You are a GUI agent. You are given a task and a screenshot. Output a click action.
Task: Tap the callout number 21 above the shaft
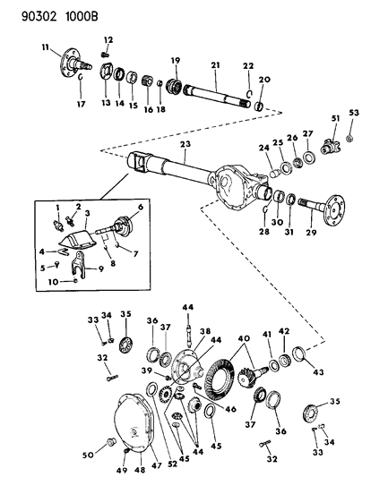(x=215, y=65)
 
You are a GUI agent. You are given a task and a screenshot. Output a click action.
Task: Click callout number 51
(x=335, y=119)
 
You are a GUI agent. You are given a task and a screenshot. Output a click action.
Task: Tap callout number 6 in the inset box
(x=140, y=208)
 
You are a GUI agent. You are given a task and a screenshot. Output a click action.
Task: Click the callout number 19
(x=177, y=60)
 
